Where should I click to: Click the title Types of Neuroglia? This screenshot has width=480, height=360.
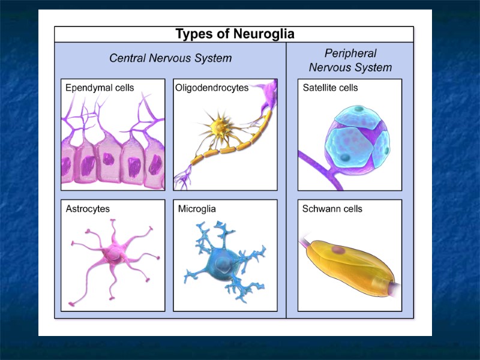(x=234, y=34)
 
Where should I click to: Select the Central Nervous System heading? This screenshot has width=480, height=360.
(x=170, y=58)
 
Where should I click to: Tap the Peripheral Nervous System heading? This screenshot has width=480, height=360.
(x=350, y=60)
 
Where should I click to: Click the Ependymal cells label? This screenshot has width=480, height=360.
(x=99, y=88)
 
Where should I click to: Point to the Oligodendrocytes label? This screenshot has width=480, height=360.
(x=212, y=88)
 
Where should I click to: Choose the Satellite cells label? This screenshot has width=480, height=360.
(x=330, y=88)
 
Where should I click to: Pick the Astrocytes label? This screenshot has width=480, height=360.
(x=88, y=209)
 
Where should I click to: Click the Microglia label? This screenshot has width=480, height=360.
(x=197, y=209)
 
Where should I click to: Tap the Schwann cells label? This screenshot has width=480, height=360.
(x=332, y=209)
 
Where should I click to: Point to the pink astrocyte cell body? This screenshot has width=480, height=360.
(x=113, y=255)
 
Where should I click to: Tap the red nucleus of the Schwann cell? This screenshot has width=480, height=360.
(x=340, y=250)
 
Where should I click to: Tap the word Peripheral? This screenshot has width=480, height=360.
(x=350, y=53)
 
